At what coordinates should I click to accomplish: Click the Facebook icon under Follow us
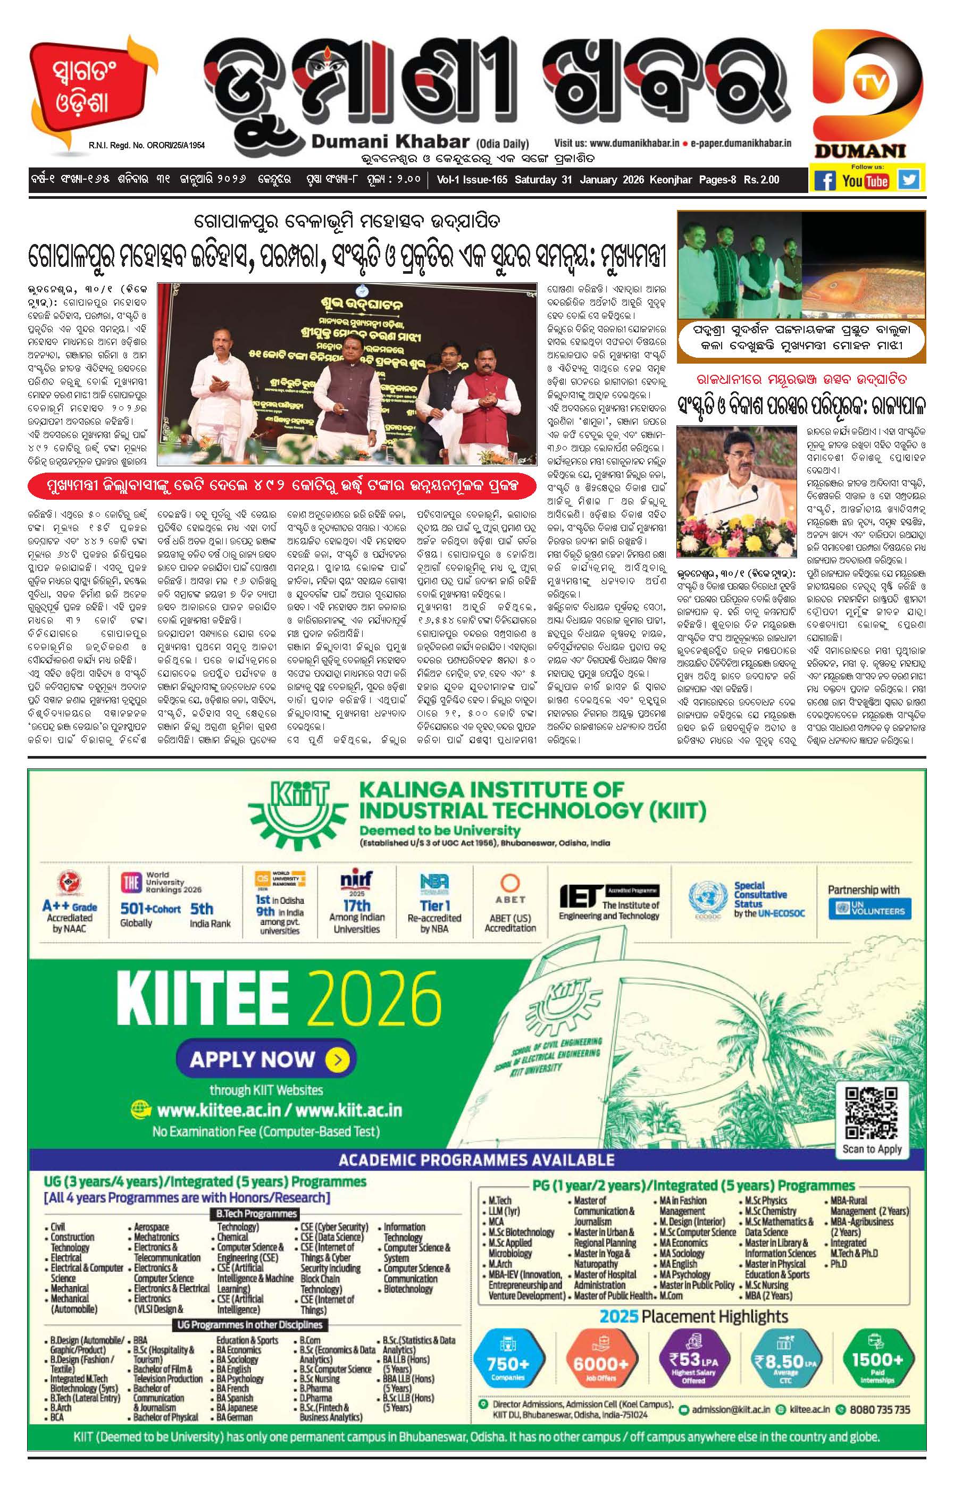pyautogui.click(x=825, y=180)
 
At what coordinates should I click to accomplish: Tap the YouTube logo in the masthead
pyautogui.click(x=865, y=180)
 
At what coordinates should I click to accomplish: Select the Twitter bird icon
pyautogui.click(x=909, y=180)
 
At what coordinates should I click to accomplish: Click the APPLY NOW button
pyautogui.click(x=266, y=1059)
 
